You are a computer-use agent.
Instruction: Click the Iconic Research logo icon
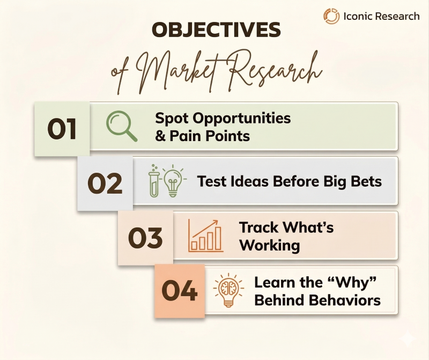click(331, 16)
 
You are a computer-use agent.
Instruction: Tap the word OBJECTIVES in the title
click(217, 30)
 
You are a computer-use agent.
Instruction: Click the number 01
click(62, 129)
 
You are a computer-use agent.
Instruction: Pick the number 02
click(105, 183)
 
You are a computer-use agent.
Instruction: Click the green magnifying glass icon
click(121, 126)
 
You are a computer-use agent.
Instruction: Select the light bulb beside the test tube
click(172, 180)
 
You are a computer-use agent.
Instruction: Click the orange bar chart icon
click(205, 236)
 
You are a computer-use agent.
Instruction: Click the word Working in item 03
click(269, 245)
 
